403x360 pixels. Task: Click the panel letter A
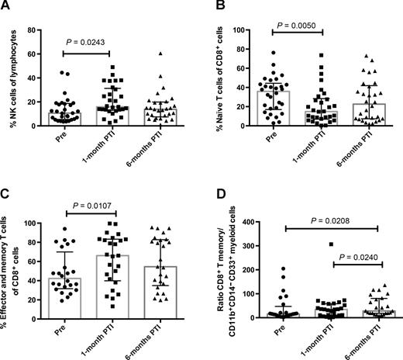click(6, 6)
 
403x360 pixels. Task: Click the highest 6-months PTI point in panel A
click(160, 54)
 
